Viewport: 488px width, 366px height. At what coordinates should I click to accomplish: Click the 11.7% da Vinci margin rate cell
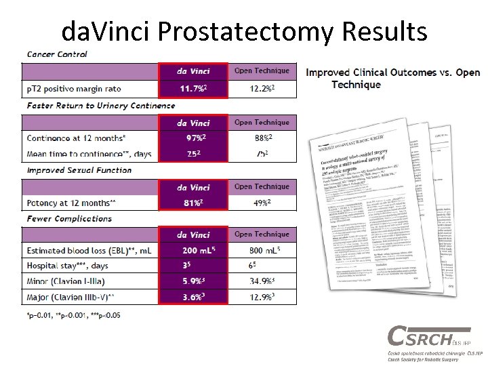(x=193, y=89)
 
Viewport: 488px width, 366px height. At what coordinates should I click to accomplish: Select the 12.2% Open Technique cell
(x=262, y=89)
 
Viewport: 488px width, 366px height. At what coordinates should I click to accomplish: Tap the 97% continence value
(x=193, y=138)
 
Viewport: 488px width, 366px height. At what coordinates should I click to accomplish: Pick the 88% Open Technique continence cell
(x=262, y=138)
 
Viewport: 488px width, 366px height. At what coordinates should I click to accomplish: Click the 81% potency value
(x=193, y=203)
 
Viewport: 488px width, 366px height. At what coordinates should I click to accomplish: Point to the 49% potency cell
(x=262, y=203)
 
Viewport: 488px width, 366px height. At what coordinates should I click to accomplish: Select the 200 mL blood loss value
(x=193, y=251)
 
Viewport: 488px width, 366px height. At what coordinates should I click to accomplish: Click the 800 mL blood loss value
(x=262, y=251)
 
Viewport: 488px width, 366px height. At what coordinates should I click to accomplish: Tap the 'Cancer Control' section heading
(x=57, y=54)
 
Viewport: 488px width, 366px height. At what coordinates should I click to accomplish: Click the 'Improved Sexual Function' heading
(x=79, y=170)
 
